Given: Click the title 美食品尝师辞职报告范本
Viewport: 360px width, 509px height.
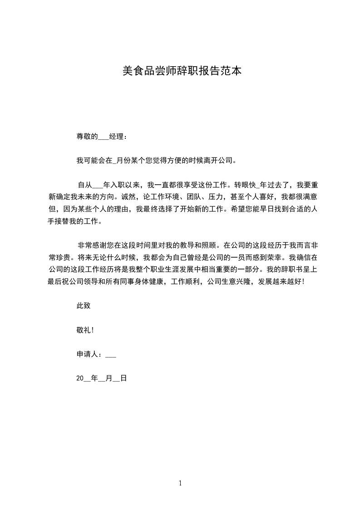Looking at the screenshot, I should click(182, 71).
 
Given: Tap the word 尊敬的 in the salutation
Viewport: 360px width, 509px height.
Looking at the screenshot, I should click(87, 136).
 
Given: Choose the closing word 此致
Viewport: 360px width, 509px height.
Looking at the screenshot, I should click(84, 306).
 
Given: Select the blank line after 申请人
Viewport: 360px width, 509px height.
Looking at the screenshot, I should click(111, 356).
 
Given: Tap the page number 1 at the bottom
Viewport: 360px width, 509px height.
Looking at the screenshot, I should click(180, 483).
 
